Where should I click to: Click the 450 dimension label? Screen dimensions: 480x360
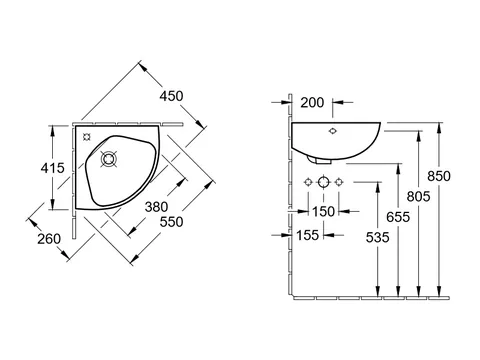(171, 96)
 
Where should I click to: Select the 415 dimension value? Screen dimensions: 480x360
(53, 168)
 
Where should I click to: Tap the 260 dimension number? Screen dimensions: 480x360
(49, 239)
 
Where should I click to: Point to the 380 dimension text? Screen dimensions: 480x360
(156, 207)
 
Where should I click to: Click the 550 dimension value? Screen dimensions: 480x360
(171, 222)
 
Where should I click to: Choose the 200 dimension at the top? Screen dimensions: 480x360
(312, 103)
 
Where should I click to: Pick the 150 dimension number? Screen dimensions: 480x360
(323, 211)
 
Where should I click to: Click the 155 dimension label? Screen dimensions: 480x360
(307, 235)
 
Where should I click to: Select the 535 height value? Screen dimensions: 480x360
(377, 237)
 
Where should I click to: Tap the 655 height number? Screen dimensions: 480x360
(398, 217)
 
